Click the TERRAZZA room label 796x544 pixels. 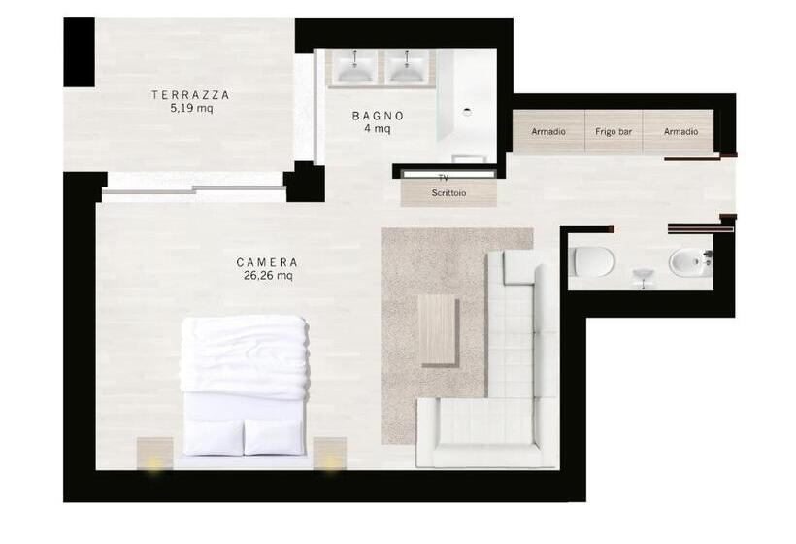click(190, 95)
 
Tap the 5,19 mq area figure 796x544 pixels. click(192, 108)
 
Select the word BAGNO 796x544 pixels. click(379, 116)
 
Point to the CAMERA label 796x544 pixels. click(267, 262)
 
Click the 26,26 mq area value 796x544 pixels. click(268, 276)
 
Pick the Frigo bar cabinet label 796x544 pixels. click(614, 131)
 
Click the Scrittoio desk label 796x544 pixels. click(448, 193)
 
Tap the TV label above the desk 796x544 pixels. click(444, 178)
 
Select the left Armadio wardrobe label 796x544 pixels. click(548, 131)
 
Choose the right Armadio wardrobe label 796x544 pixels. click(680, 131)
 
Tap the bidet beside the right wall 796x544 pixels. click(691, 262)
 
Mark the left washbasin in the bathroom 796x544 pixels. click(355, 66)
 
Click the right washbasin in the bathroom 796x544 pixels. click(407, 66)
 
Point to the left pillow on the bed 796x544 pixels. click(214, 437)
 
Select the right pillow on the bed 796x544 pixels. click(275, 437)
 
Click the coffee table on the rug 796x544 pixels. click(438, 330)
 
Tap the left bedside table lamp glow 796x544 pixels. click(154, 464)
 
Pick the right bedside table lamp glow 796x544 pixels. click(330, 463)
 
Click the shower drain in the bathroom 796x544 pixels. click(467, 113)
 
